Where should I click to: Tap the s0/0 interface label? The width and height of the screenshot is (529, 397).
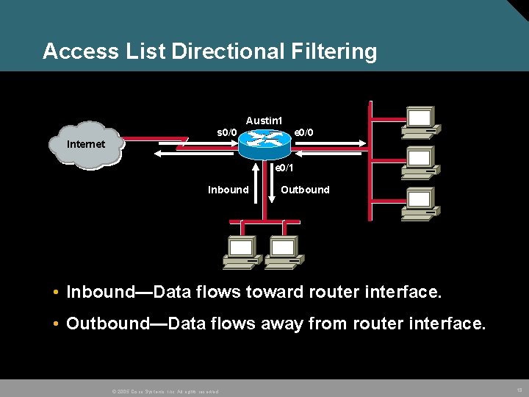[x=226, y=132]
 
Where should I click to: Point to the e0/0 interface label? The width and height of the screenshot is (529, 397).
[x=304, y=132]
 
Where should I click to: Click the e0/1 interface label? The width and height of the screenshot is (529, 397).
[x=284, y=168]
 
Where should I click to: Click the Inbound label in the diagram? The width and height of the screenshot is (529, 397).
[x=228, y=190]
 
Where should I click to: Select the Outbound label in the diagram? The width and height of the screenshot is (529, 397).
[x=305, y=190]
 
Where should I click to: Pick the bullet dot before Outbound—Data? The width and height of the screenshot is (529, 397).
[x=56, y=323]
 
